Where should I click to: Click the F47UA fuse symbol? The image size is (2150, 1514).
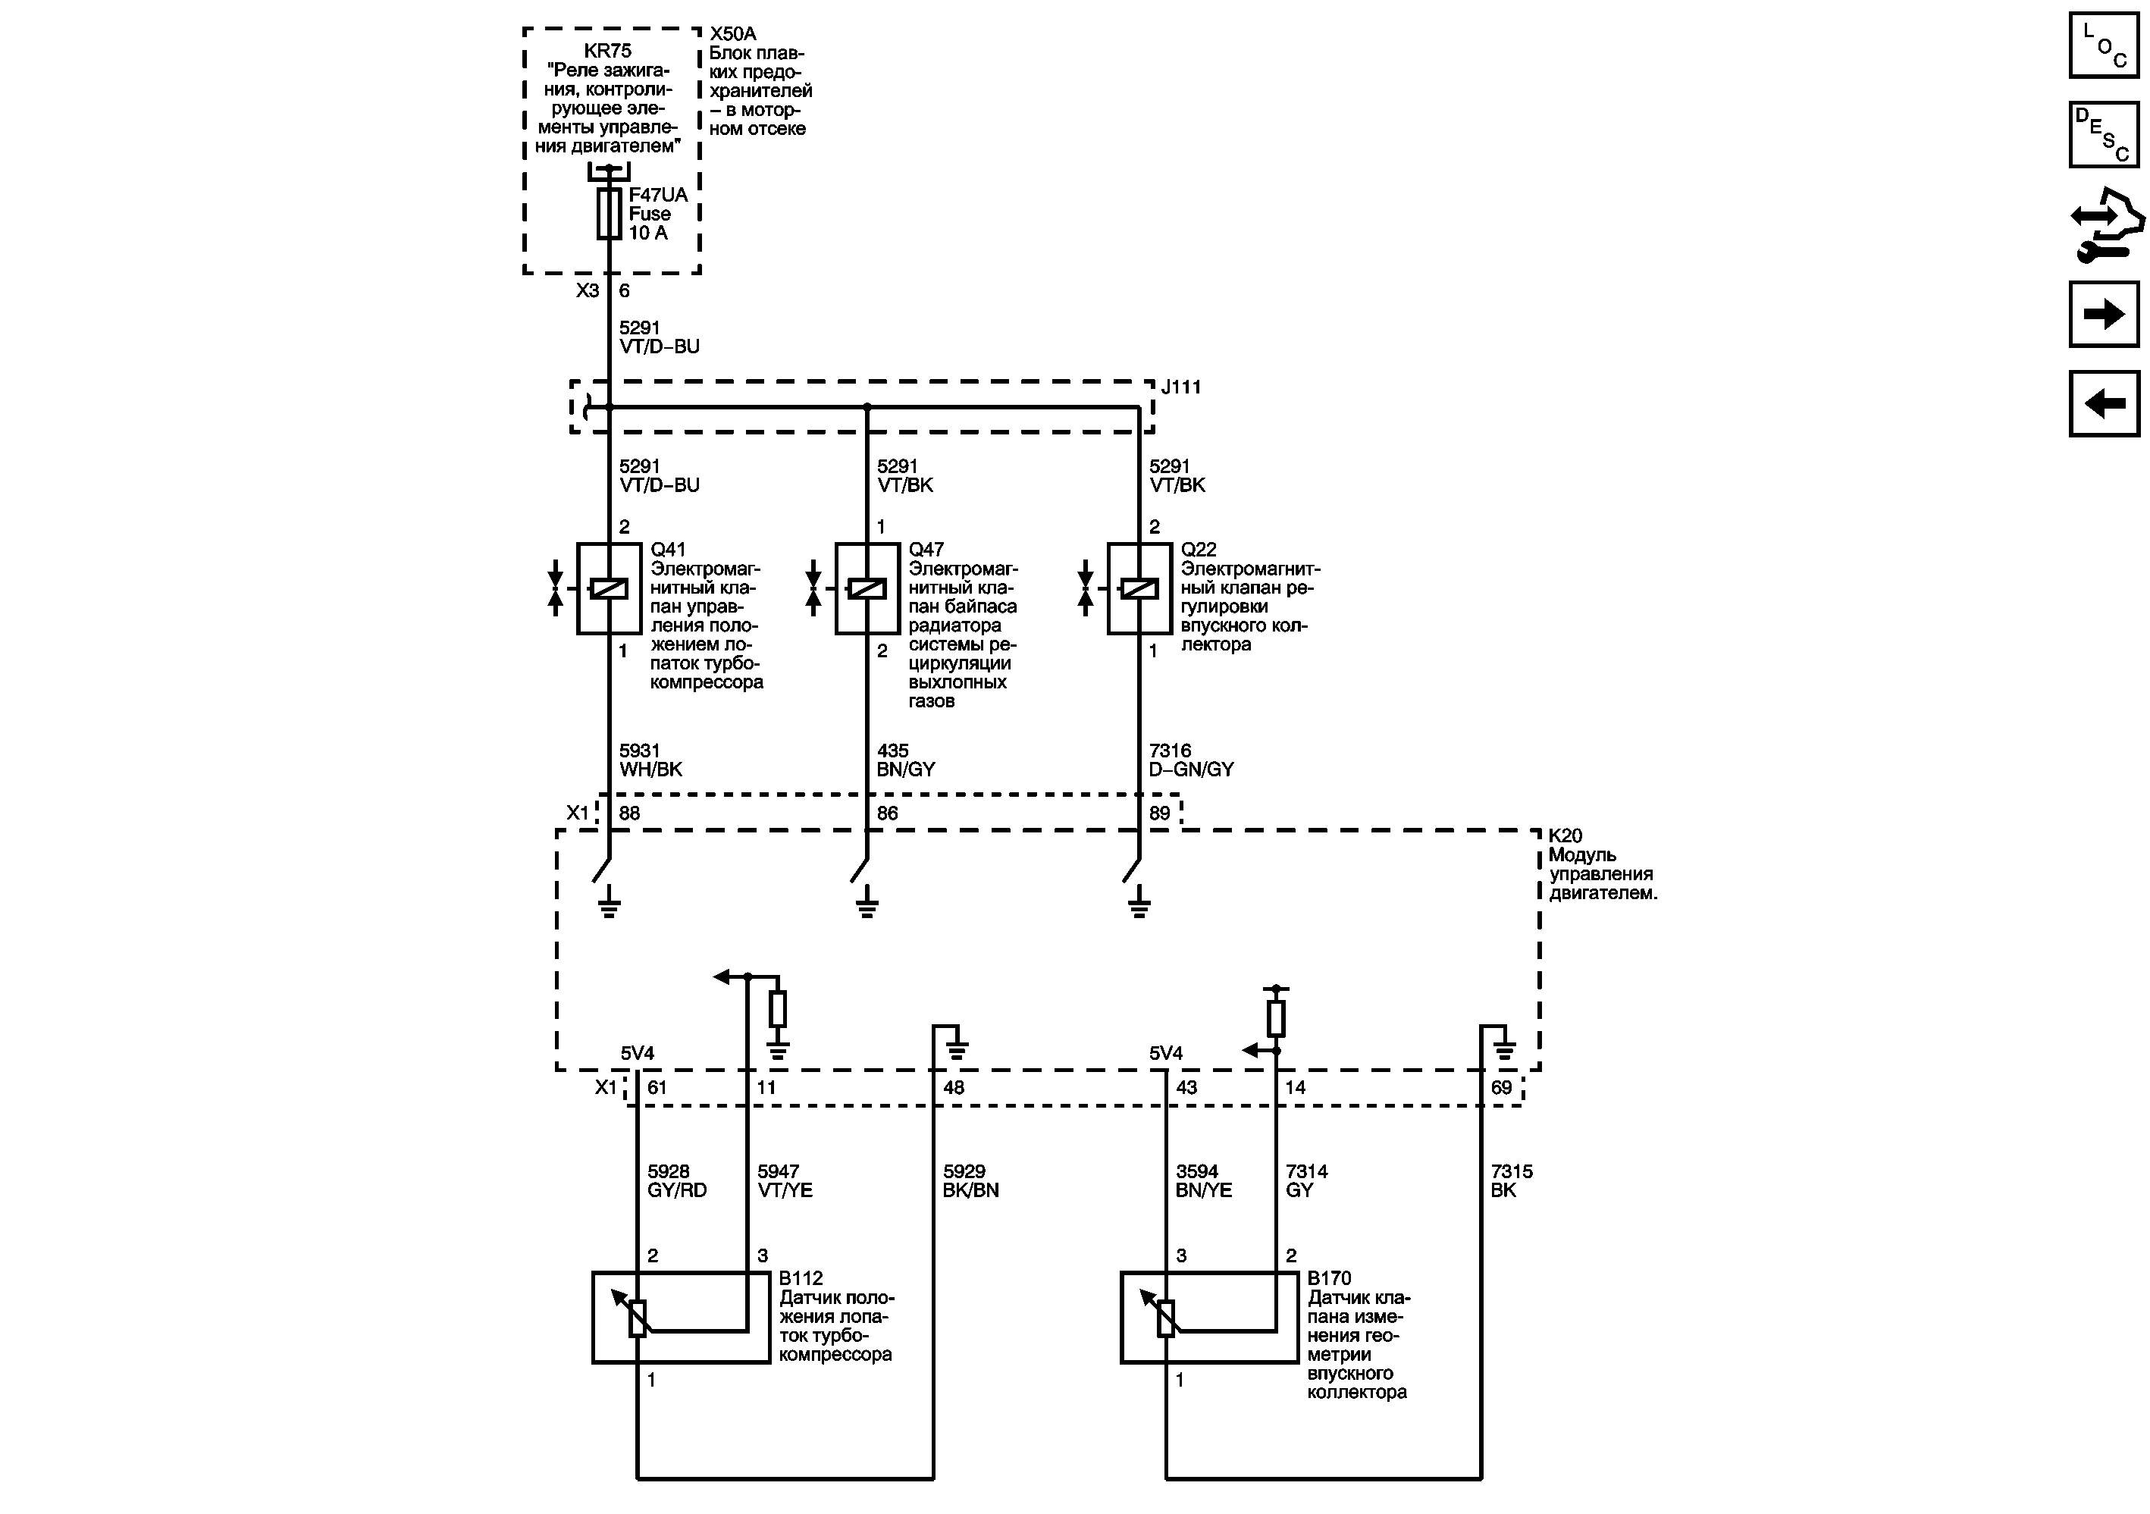click(x=610, y=214)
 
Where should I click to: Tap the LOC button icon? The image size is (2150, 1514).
click(x=2103, y=45)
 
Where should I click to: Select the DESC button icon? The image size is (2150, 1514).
click(x=2103, y=135)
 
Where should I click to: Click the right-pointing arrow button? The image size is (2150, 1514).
click(x=2103, y=314)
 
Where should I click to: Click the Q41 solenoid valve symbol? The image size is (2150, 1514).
click(x=610, y=589)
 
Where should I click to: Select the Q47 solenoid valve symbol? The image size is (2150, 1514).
click(x=867, y=589)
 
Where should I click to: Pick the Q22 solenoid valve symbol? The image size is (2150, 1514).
click(x=1139, y=589)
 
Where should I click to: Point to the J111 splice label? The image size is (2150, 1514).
click(x=1181, y=387)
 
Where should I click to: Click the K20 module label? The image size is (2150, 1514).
click(x=1565, y=836)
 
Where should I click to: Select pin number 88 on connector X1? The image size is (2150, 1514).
click(x=629, y=813)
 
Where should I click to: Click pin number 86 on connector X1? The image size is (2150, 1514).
click(x=887, y=813)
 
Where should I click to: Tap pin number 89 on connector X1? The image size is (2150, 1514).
click(x=1159, y=813)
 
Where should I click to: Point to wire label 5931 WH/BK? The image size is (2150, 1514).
click(x=650, y=760)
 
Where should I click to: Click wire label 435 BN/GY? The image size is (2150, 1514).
click(x=905, y=760)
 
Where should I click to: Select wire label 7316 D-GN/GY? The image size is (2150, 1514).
click(x=1191, y=760)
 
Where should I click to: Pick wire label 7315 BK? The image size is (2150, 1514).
click(x=1512, y=1180)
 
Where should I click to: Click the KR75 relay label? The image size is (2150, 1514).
click(x=608, y=52)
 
